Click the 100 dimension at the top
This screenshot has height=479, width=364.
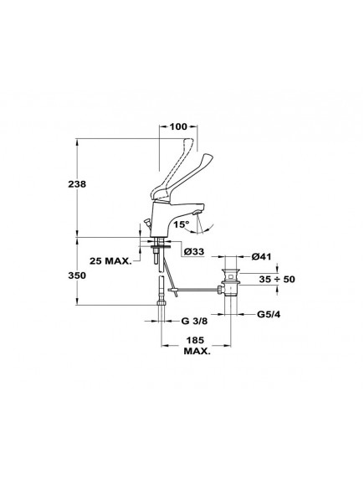click(x=178, y=126)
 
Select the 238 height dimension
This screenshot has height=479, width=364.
click(x=77, y=184)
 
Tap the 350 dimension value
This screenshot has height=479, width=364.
click(x=77, y=276)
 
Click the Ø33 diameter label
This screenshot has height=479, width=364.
click(x=194, y=252)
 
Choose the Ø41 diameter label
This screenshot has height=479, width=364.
click(x=261, y=257)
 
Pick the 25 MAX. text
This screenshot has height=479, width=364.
click(x=110, y=261)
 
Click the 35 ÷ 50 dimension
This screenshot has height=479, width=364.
click(x=277, y=279)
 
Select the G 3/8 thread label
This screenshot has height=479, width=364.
click(x=194, y=321)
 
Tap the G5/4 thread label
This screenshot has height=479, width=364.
click(x=269, y=314)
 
